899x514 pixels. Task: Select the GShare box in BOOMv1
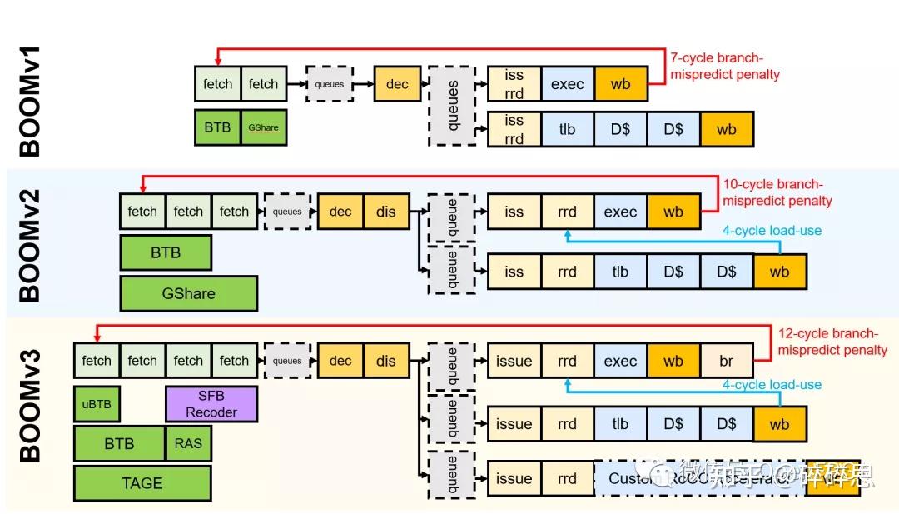click(x=263, y=127)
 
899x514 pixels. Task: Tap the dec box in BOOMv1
click(x=397, y=84)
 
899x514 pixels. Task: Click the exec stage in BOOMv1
click(x=567, y=84)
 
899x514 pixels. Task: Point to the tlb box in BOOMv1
click(x=567, y=130)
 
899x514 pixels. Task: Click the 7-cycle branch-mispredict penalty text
click(x=725, y=66)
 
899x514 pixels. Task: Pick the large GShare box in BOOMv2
click(x=188, y=293)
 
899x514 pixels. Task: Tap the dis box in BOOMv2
click(x=386, y=212)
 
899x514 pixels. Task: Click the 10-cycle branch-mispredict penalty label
click(x=777, y=192)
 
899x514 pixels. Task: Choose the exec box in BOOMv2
click(x=620, y=212)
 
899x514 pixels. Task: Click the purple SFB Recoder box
click(x=211, y=404)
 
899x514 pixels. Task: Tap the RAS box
click(x=188, y=444)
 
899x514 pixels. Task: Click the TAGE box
click(x=142, y=483)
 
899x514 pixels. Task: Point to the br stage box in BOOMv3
click(x=727, y=362)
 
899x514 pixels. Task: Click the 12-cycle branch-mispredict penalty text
click(x=832, y=342)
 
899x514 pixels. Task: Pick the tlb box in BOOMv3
click(x=620, y=424)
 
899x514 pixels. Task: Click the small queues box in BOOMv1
click(x=328, y=84)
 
